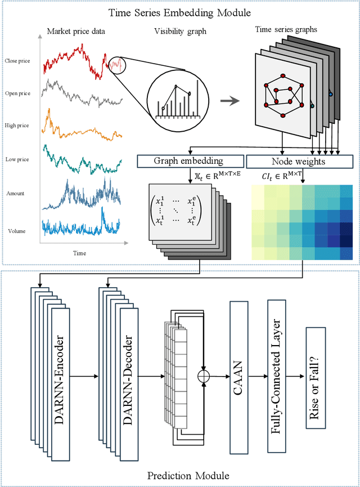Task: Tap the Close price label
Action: pos(17,60)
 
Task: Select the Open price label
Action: pos(17,93)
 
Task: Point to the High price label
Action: pos(17,126)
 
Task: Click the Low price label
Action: pos(17,159)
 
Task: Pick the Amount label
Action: pos(16,193)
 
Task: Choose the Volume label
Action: pos(16,231)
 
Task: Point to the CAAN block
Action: pos(239,373)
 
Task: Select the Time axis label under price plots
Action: pos(80,253)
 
